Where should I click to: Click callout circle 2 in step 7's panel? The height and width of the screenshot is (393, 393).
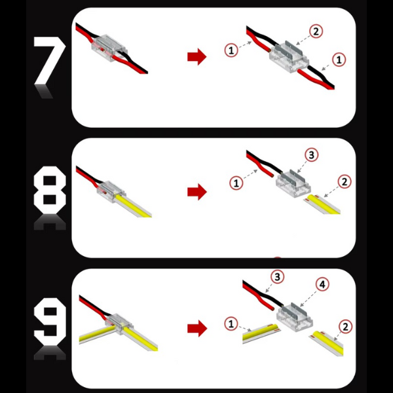pyautogui.click(x=316, y=31)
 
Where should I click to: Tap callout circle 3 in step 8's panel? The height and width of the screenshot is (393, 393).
pyautogui.click(x=312, y=155)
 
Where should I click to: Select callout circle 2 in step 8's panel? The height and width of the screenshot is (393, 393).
pyautogui.click(x=345, y=181)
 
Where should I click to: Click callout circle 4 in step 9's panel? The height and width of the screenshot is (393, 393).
pyautogui.click(x=322, y=285)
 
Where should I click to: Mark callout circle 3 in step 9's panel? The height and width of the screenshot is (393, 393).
pyautogui.click(x=278, y=277)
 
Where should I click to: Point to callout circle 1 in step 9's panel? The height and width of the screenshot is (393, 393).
pyautogui.click(x=230, y=323)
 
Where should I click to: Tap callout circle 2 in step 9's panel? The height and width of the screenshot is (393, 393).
pyautogui.click(x=345, y=326)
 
